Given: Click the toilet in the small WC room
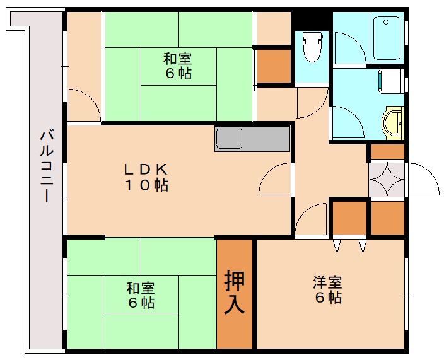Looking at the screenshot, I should click(312, 47).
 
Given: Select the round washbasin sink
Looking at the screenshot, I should click(392, 122).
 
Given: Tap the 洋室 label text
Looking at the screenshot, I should click(328, 282).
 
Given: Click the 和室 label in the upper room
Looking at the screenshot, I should click(177, 59).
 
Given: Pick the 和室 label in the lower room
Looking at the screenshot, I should click(140, 288).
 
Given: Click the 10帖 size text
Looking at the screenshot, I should click(145, 186).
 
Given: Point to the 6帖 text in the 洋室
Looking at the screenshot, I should click(328, 298).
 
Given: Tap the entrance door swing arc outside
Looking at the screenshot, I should click(423, 179).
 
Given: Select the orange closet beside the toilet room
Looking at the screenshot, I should click(272, 66).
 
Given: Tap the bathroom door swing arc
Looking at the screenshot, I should click(348, 120).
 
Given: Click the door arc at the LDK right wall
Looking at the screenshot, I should click(276, 179).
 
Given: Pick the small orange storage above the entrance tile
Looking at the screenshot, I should click(387, 151).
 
